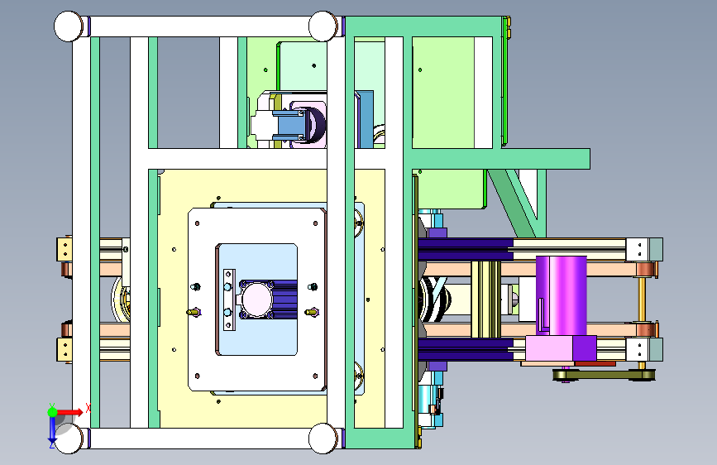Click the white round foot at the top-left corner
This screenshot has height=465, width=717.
point(68,26)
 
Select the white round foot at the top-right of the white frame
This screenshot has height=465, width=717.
point(323,26)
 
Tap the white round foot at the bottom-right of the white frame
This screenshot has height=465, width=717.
point(323,439)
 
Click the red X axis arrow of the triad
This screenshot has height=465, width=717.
point(71,412)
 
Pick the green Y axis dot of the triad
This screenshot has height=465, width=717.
point(52,412)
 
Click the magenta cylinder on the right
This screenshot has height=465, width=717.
point(561,295)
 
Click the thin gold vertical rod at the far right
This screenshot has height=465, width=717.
point(642,300)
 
